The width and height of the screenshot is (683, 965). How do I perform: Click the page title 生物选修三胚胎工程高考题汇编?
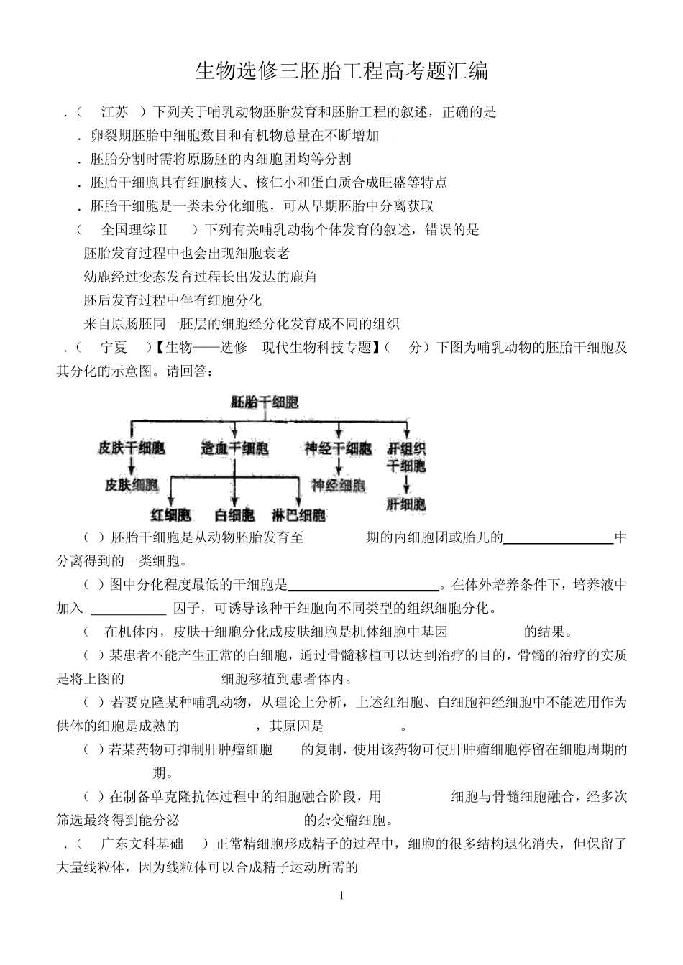[341, 71]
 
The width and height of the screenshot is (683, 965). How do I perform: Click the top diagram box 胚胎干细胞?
[265, 402]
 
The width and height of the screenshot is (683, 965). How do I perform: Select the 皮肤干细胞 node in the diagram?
[132, 448]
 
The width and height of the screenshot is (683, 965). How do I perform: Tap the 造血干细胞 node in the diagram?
[235, 448]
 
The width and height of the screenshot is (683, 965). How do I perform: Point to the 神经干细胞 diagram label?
[338, 448]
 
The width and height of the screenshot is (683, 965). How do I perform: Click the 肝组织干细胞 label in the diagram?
[406, 457]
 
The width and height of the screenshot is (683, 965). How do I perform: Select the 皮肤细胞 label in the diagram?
[132, 484]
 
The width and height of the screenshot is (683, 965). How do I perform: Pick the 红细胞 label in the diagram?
[171, 515]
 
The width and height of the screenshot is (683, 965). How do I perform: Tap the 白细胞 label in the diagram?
[235, 515]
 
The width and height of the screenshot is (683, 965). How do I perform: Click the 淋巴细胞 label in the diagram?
[298, 515]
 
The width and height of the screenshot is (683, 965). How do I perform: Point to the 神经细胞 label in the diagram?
[338, 486]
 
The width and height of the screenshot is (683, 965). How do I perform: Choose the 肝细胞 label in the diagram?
[406, 504]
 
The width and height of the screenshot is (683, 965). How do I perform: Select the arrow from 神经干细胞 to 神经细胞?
[338, 467]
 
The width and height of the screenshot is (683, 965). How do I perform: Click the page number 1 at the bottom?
[341, 895]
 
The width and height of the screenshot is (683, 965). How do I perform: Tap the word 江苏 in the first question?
[115, 112]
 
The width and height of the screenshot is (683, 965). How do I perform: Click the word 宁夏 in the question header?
[114, 348]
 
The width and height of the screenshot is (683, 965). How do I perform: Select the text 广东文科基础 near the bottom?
[142, 844]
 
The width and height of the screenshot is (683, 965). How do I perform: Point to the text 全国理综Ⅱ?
[134, 230]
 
